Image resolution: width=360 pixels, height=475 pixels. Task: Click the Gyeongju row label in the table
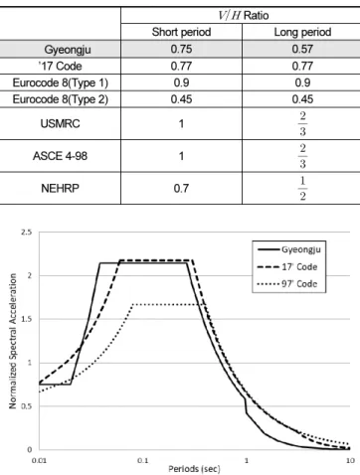tap(68, 50)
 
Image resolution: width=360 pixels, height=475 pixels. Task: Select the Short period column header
tap(181, 32)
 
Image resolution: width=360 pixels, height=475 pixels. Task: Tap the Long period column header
tap(302, 32)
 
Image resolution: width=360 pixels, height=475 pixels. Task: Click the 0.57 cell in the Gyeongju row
tap(302, 49)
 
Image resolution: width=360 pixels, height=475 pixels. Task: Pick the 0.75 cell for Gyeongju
tap(181, 49)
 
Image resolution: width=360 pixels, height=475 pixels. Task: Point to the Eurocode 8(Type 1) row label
tap(61, 82)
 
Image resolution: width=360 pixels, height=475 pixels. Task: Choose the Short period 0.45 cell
tap(181, 99)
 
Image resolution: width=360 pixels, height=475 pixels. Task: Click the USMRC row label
tap(60, 123)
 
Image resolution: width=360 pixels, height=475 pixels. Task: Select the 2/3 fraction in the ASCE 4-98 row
tap(302, 156)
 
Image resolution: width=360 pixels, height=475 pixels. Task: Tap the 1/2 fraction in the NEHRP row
tap(302, 188)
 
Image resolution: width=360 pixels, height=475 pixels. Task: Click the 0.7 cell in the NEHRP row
tap(181, 189)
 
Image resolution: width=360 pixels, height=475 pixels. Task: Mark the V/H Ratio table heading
tap(244, 15)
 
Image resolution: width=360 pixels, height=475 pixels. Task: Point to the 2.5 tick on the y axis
tap(27, 233)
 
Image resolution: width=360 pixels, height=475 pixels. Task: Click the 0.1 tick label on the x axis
tap(142, 460)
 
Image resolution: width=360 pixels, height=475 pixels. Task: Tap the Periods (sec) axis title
tap(194, 469)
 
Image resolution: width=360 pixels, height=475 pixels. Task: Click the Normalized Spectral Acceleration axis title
tap(13, 341)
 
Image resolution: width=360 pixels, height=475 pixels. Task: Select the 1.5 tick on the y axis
tap(27, 319)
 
